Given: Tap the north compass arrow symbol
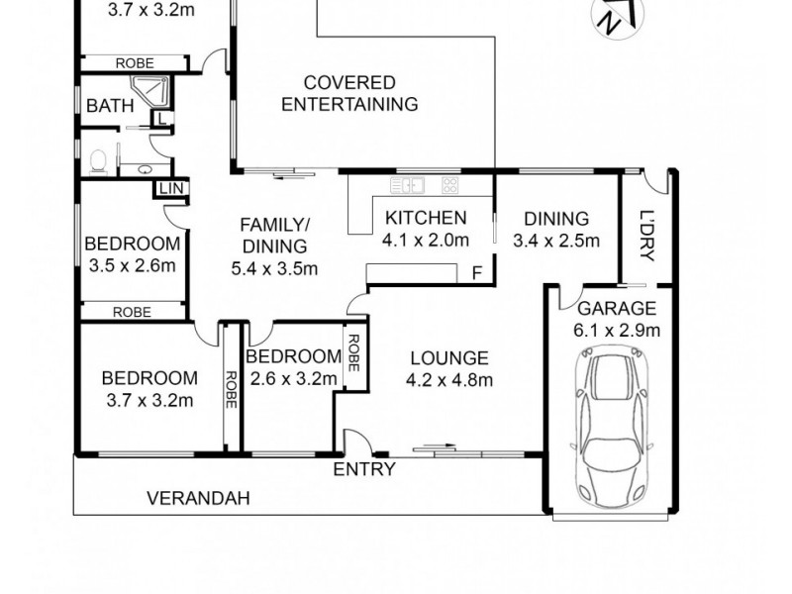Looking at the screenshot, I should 612,19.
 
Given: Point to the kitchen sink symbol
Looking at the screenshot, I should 407,184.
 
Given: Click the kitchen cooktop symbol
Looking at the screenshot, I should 449,184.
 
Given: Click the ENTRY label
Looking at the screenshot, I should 363,469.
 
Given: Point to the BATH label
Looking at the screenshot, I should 105,106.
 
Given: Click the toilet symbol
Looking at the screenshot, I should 98,158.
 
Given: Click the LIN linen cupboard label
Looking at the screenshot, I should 169,187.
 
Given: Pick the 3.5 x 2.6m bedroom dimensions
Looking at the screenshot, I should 133,264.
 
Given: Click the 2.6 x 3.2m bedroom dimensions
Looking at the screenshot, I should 293,377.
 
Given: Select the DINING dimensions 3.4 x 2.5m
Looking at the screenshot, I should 556,240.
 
